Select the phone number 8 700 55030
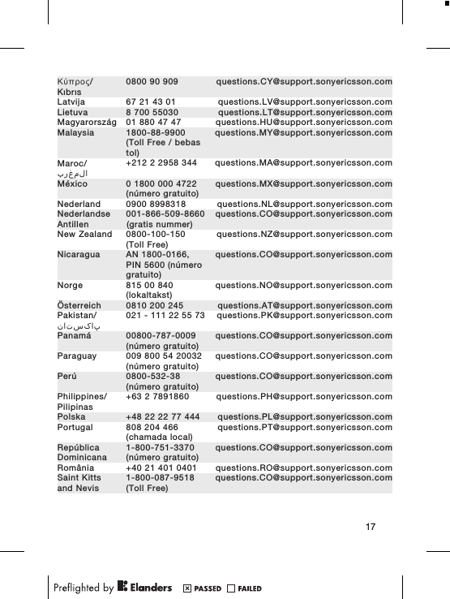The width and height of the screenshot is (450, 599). [152, 113]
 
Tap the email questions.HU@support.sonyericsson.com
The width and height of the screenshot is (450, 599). [304, 123]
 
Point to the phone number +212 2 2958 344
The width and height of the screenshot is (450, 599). [162, 163]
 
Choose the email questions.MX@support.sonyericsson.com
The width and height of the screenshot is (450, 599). [304, 183]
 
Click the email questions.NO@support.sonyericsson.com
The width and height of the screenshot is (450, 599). [304, 285]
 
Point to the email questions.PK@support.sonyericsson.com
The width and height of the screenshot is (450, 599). [305, 315]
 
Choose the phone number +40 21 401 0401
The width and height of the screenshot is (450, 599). [161, 468]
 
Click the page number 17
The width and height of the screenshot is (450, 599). [370, 529]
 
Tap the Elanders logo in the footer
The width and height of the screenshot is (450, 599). [145, 587]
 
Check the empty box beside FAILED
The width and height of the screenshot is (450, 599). [231, 588]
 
